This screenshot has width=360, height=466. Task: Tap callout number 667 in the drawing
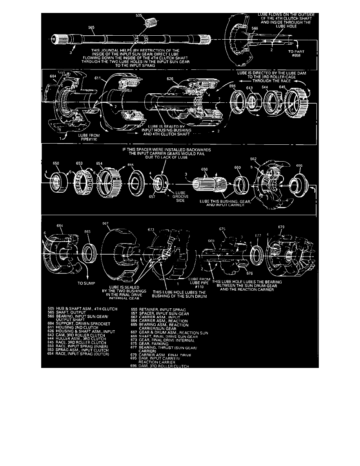[x=105, y=224]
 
